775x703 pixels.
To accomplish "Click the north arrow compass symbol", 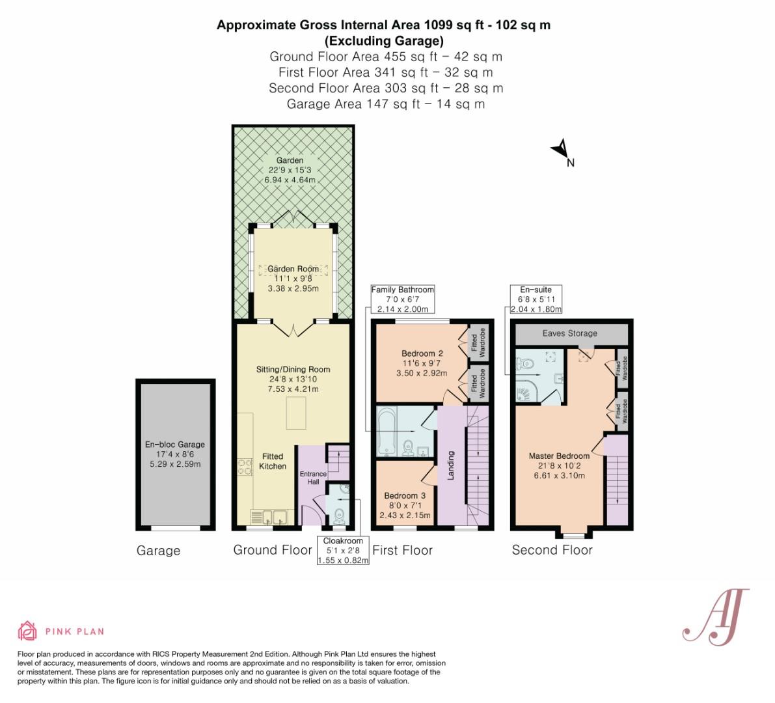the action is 560,150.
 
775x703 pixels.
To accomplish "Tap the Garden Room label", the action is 293,269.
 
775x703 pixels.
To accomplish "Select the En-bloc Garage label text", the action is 174,445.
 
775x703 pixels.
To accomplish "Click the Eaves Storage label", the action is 569,333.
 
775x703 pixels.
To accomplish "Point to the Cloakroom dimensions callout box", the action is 343,551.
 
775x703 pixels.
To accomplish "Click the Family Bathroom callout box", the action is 402,299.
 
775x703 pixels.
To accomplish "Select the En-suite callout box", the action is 536,299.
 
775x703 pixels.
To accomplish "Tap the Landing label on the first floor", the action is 451,465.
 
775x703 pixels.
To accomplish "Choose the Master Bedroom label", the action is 559,456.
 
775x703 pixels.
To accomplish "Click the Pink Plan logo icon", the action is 27,631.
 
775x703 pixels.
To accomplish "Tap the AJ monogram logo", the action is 714,615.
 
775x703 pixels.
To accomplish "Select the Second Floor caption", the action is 552,550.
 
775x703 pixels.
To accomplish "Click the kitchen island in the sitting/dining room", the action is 296,414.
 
